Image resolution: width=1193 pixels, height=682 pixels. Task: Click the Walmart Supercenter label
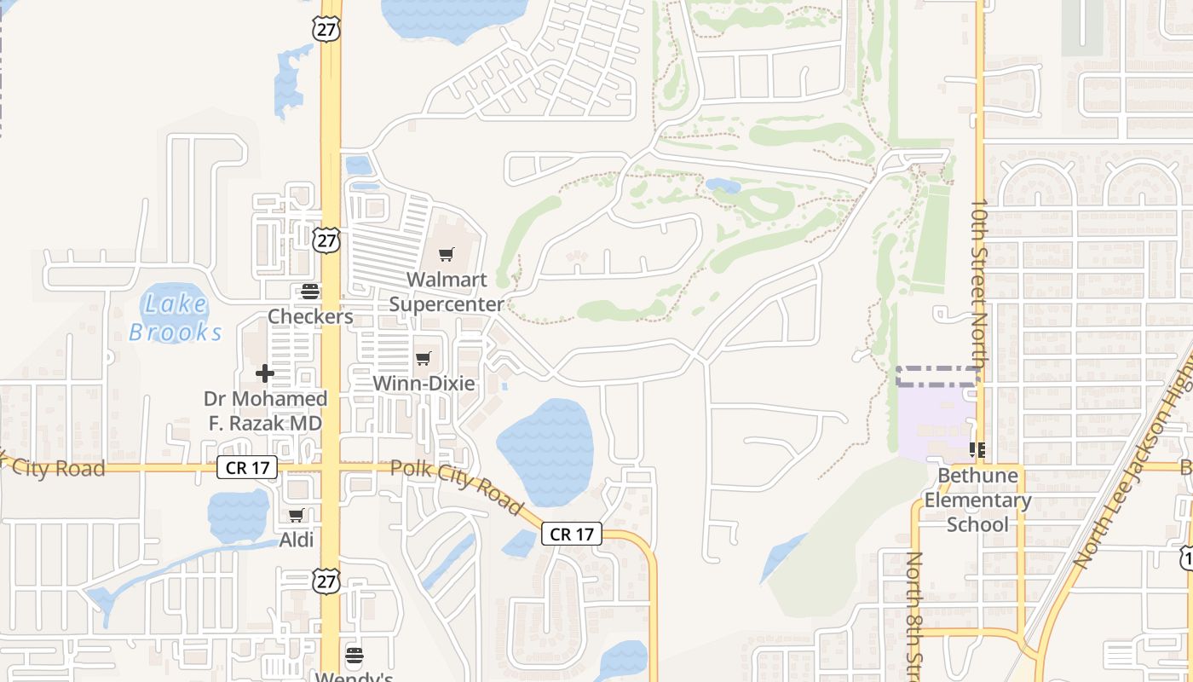tap(446, 292)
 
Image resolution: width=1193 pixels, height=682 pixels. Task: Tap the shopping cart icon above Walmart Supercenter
tap(446, 254)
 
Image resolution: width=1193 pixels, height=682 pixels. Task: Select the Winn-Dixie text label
tap(424, 384)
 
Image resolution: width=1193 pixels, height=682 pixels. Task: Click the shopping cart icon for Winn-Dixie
tap(424, 358)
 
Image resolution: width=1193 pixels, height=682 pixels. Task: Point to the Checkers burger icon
tap(310, 292)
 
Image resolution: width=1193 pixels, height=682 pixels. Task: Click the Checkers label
tap(310, 316)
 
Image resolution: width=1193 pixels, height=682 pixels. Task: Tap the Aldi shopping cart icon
tap(296, 515)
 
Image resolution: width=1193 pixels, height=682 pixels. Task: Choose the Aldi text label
tap(297, 540)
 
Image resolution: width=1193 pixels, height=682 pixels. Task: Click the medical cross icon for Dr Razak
tap(265, 373)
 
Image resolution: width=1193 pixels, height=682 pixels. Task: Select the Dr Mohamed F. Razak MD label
tap(266, 411)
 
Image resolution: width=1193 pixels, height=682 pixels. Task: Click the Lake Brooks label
tap(176, 318)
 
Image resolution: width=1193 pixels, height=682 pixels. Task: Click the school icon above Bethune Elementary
tap(977, 449)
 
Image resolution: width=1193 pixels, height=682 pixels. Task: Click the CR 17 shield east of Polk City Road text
tap(572, 535)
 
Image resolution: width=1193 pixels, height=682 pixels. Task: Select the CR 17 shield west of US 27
tap(247, 467)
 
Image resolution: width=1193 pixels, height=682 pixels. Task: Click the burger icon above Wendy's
tap(354, 655)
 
